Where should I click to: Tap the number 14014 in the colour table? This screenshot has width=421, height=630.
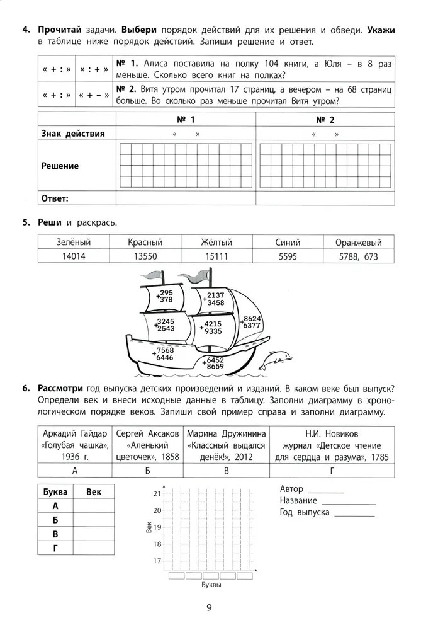(74, 256)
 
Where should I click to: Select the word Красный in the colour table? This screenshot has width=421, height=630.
(145, 242)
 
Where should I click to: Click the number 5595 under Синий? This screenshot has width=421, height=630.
(287, 256)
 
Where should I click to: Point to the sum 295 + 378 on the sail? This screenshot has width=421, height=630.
(166, 297)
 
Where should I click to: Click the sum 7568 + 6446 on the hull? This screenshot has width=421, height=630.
(164, 353)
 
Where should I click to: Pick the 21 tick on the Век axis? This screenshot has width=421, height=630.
(157, 494)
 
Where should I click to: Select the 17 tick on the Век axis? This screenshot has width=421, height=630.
(157, 560)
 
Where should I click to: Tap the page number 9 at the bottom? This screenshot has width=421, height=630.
(210, 608)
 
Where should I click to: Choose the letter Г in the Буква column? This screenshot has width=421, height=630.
(55, 549)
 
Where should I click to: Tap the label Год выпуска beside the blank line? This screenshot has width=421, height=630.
(305, 512)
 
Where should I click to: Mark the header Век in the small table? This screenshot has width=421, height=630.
(93, 491)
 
